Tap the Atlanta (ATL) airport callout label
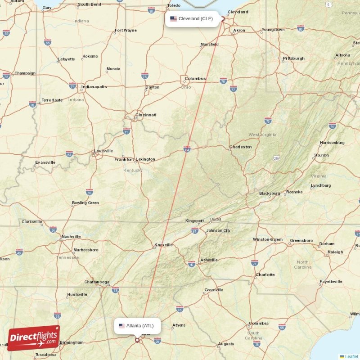(137, 326)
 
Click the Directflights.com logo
(34, 338)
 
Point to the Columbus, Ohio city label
(195, 78)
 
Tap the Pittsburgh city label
(293, 58)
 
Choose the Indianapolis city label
(94, 86)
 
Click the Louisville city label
(103, 151)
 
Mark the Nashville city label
(71, 236)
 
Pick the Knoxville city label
(163, 245)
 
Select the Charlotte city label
(265, 274)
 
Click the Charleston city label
(240, 147)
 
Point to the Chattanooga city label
(97, 282)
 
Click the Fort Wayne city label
(126, 31)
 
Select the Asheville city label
(209, 260)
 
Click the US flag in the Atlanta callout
(122, 326)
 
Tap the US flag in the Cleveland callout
(173, 19)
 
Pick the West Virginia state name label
(260, 135)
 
